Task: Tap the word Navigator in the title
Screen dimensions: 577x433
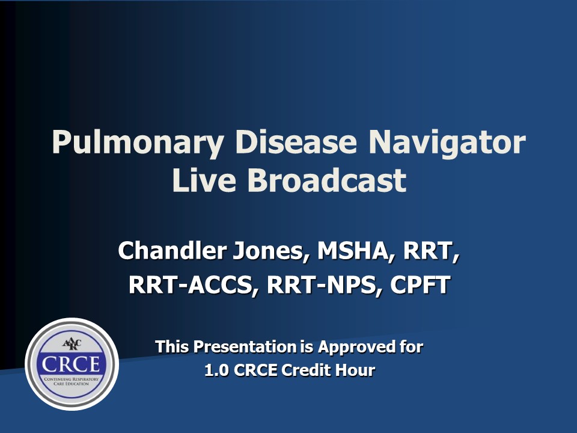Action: coord(447,143)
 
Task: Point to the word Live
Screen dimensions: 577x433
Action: coord(204,180)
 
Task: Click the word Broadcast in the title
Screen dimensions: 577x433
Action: coord(327,180)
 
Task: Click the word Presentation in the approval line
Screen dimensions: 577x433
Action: coord(245,347)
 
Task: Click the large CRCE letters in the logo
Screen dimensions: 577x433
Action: coord(71,364)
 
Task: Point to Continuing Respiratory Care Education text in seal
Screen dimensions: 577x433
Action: coord(72,381)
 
